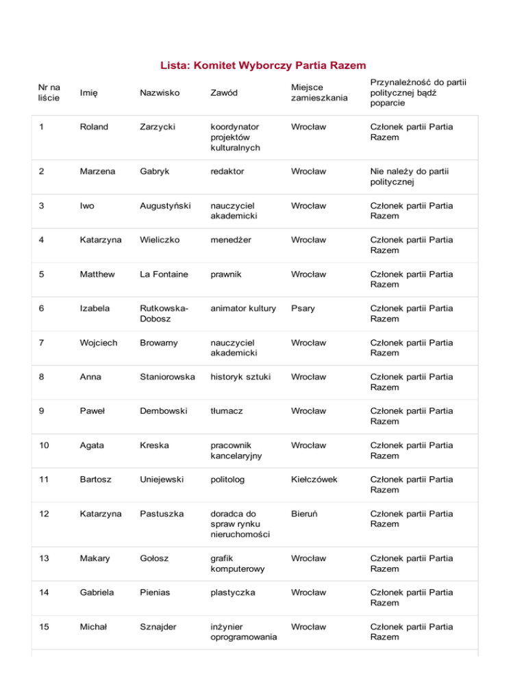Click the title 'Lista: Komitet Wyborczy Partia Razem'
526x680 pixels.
click(x=263, y=66)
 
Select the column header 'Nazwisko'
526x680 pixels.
click(x=159, y=92)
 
